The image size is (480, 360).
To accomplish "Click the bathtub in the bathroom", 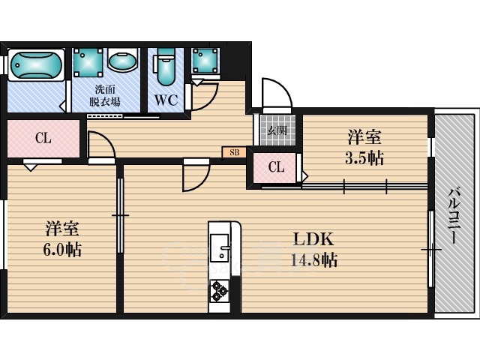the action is coord(36,65).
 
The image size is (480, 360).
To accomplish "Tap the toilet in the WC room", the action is coord(165,67).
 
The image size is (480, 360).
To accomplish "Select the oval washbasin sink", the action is coord(122,61).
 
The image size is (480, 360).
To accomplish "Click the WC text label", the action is coord(166,100).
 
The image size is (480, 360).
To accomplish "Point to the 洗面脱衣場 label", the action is coord(105,95).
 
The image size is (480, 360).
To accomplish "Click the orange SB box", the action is coord(234,152).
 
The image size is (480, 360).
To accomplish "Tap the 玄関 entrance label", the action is coord(277,130).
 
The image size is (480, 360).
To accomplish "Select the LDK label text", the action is coord(313,239).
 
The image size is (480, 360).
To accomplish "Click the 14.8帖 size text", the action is coord(313,260).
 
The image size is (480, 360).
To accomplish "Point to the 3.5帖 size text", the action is coord(364,158).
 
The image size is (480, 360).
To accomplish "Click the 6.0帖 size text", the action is coord(62,250).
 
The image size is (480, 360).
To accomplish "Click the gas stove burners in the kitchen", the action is coord(220,290).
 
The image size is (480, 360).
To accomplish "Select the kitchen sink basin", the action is coord(220,248).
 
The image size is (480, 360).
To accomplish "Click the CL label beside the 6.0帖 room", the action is coord(43,138).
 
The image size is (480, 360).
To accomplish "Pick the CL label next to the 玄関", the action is coord(276,167).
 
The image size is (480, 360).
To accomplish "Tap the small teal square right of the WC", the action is coord(205,60).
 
